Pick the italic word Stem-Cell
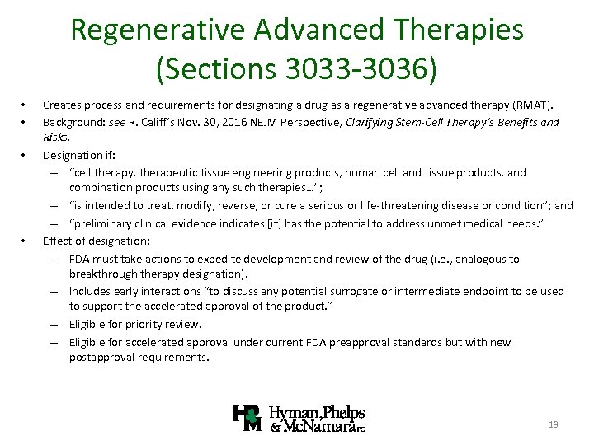[x=429, y=122]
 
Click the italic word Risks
[x=56, y=138]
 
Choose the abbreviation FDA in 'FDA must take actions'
[x=81, y=258]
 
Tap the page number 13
[x=554, y=424]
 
